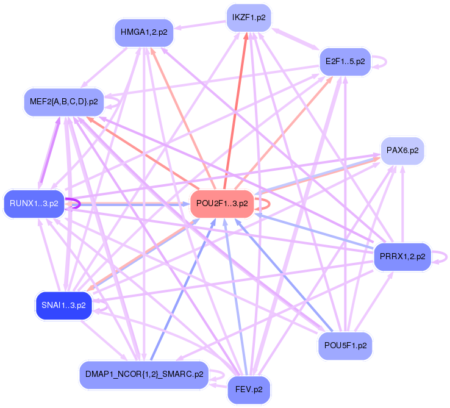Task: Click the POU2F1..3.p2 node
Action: tap(223, 203)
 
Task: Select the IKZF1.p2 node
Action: tap(248, 18)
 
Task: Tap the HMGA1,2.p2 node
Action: tap(144, 32)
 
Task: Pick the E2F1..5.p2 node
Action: tap(345, 62)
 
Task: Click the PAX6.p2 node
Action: tap(402, 151)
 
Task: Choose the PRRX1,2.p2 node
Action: tap(402, 256)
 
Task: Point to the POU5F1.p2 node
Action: tap(345, 345)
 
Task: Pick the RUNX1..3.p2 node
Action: tap(34, 203)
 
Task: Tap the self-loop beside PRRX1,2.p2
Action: tap(444, 256)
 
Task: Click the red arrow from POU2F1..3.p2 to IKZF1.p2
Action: tap(237, 104)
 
